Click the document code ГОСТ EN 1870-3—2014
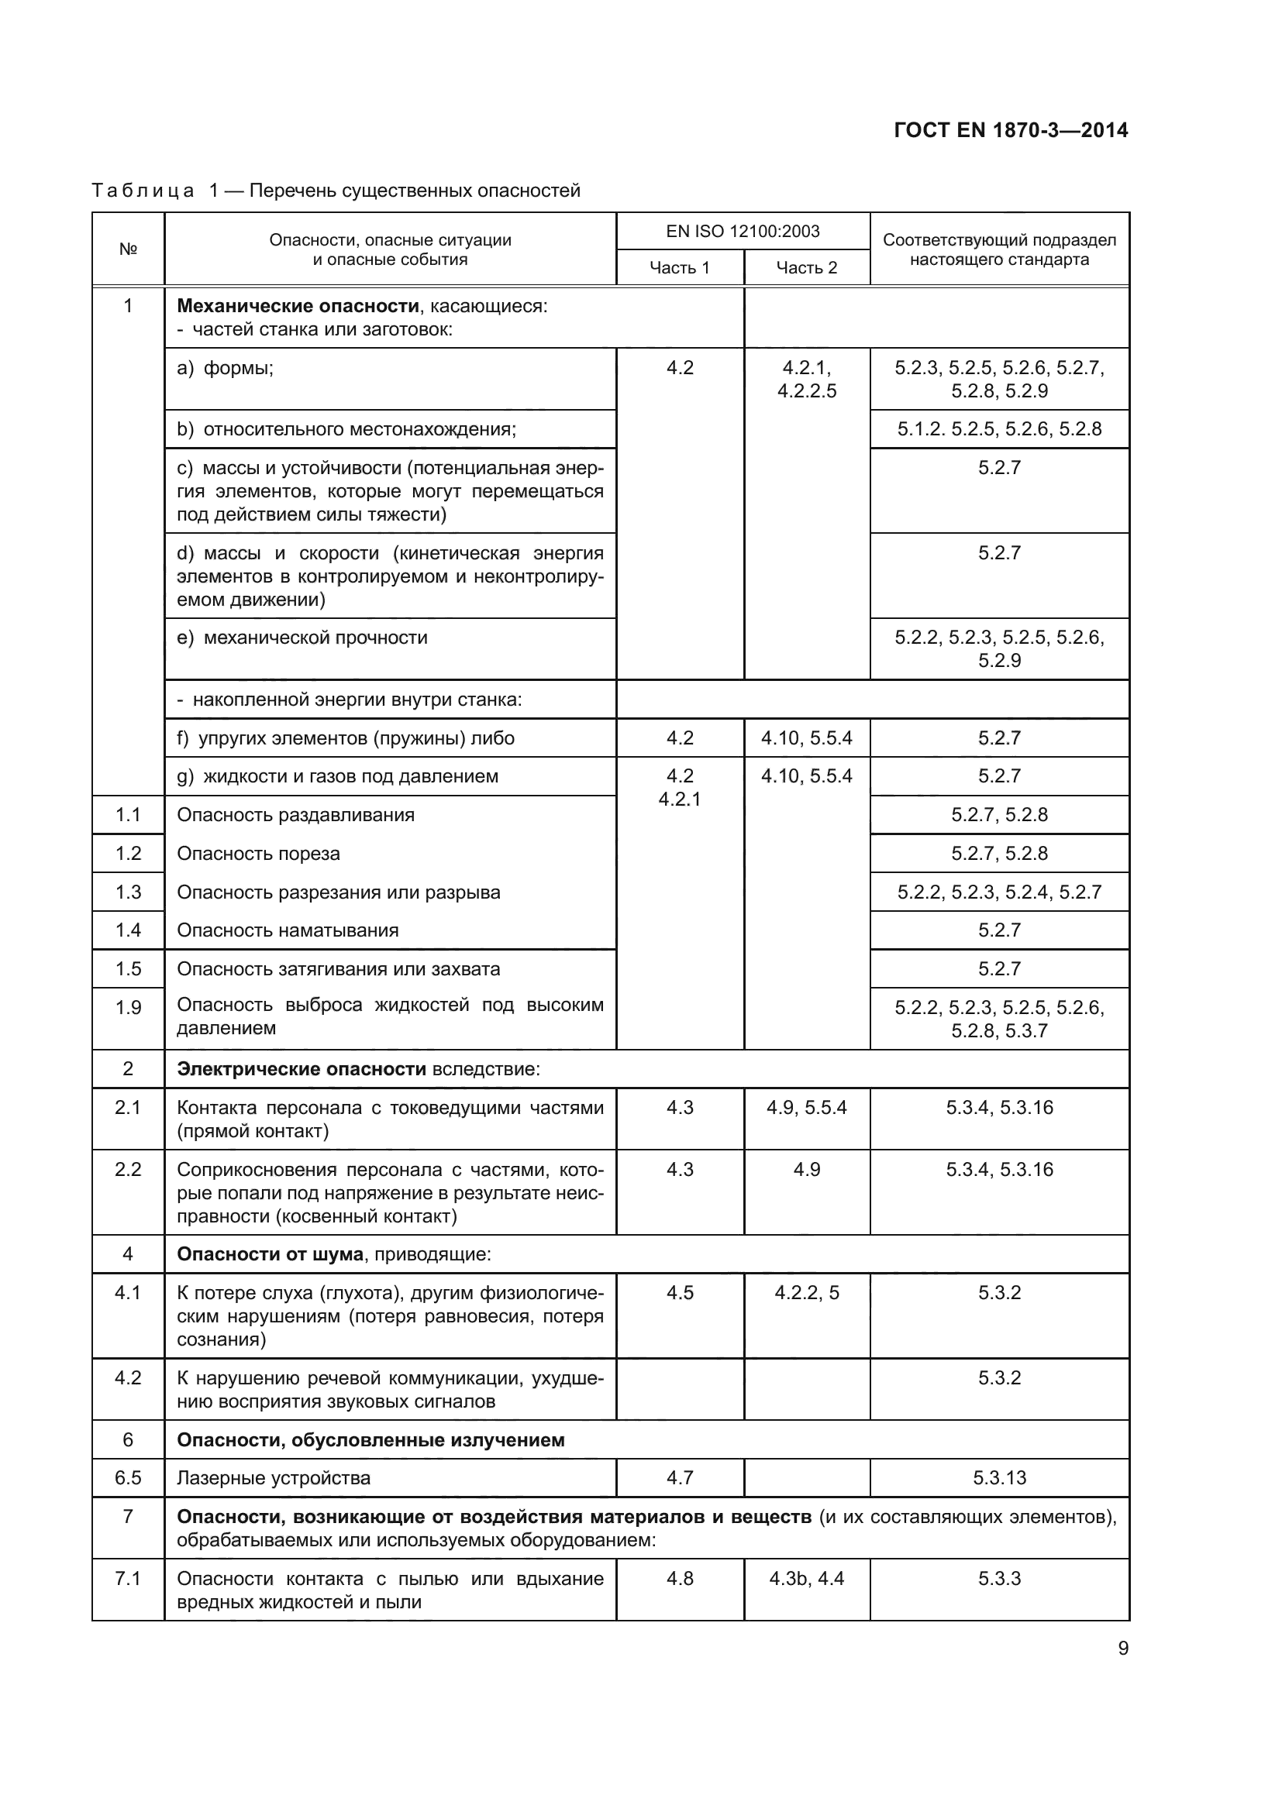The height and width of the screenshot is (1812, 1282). point(1011,130)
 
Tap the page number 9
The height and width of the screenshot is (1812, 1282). point(1122,1649)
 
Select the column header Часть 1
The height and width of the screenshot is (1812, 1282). point(679,267)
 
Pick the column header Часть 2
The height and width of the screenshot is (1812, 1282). point(806,267)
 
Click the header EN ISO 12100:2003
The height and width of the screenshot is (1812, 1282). point(742,231)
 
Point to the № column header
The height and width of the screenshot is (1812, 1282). point(128,249)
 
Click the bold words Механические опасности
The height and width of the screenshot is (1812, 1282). point(298,306)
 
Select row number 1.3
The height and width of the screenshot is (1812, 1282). point(128,892)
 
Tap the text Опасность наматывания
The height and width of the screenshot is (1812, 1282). point(288,930)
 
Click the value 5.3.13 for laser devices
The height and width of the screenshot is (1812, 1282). point(998,1478)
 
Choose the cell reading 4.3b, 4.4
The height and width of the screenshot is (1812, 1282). point(806,1578)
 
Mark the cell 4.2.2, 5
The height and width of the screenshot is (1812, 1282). point(806,1293)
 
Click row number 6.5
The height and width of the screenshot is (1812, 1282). point(128,1478)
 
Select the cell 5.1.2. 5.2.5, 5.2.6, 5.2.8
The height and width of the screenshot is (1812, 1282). point(998,429)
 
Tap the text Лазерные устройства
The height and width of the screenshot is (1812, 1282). point(273,1478)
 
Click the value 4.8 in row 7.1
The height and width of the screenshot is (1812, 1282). point(679,1578)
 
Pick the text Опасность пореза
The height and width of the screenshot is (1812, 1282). point(258,854)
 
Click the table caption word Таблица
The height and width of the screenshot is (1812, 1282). point(143,191)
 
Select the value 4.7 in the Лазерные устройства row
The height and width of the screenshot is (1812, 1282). point(679,1478)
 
